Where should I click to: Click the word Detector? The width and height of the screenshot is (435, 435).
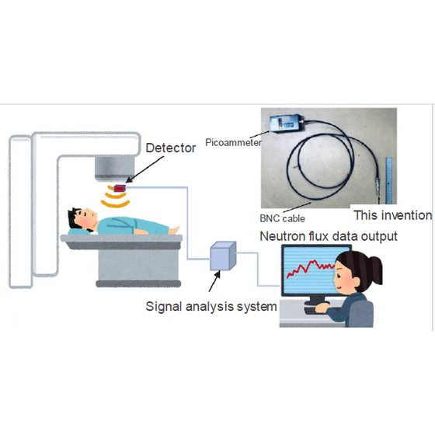[171, 148]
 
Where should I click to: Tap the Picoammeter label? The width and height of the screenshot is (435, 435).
[233, 143]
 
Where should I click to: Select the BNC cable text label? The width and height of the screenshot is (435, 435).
[282, 218]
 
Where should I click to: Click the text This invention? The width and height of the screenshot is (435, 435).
[393, 215]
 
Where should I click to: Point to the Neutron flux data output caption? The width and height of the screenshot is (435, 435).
[329, 236]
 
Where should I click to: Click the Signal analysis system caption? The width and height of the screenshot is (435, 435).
[211, 307]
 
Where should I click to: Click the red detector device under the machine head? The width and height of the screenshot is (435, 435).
[120, 189]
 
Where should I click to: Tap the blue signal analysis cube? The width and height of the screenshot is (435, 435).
[223, 256]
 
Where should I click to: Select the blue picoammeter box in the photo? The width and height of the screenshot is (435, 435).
[287, 124]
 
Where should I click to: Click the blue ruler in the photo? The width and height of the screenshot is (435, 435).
[389, 180]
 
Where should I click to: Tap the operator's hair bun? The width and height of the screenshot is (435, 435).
[374, 269]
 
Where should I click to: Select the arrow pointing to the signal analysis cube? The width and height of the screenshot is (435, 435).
[214, 281]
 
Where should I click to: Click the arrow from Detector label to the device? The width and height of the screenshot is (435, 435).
[144, 169]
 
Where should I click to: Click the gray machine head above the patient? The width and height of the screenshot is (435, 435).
[114, 168]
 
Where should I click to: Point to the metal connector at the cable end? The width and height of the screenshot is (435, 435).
[378, 185]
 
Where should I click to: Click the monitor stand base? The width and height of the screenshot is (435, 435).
[317, 301]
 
